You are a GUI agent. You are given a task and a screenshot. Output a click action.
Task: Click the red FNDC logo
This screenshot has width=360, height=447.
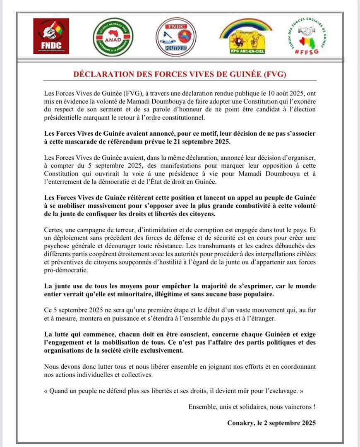pyautogui.click(x=51, y=36)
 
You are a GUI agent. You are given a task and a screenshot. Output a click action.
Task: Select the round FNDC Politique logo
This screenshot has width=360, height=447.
pyautogui.click(x=176, y=37)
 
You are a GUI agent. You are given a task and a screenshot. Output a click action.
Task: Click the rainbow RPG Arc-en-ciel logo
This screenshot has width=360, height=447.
pyautogui.click(x=246, y=36)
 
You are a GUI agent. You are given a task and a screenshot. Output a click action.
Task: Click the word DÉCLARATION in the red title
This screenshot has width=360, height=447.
pyautogui.click(x=103, y=74)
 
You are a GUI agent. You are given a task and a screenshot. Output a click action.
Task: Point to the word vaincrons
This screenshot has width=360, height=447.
pyautogui.click(x=295, y=406)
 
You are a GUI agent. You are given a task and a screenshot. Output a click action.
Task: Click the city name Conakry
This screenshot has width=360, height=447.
pyautogui.click(x=241, y=423)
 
